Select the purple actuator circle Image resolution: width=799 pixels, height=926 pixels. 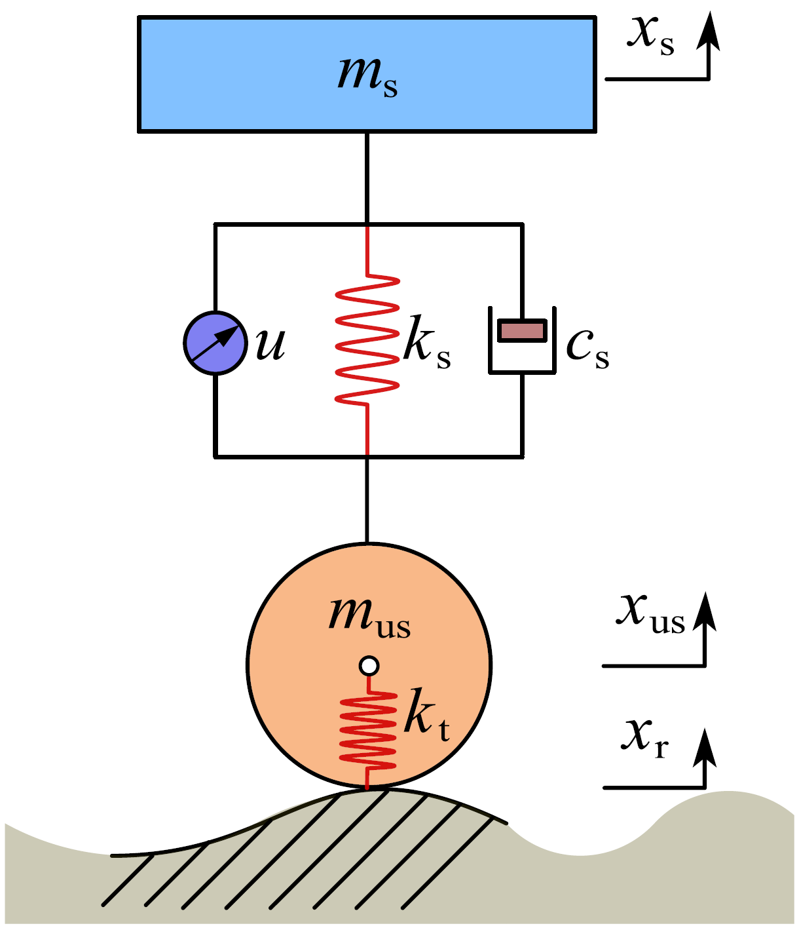[215, 343]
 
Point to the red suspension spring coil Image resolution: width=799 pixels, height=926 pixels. [367, 341]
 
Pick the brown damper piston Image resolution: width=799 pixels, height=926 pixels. [522, 330]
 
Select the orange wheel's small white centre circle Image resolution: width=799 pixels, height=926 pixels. [369, 666]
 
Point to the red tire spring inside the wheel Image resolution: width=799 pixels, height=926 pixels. [367, 731]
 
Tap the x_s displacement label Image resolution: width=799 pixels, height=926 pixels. [650, 35]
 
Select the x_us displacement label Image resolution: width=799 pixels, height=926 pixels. [650, 614]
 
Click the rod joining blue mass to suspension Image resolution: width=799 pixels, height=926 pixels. [367, 178]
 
